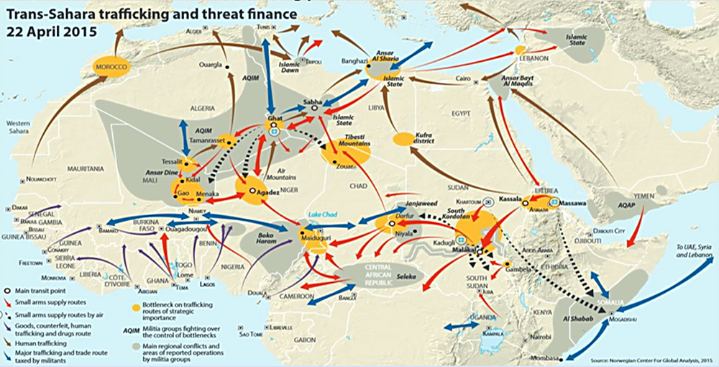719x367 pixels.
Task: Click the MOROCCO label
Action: [109, 68]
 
